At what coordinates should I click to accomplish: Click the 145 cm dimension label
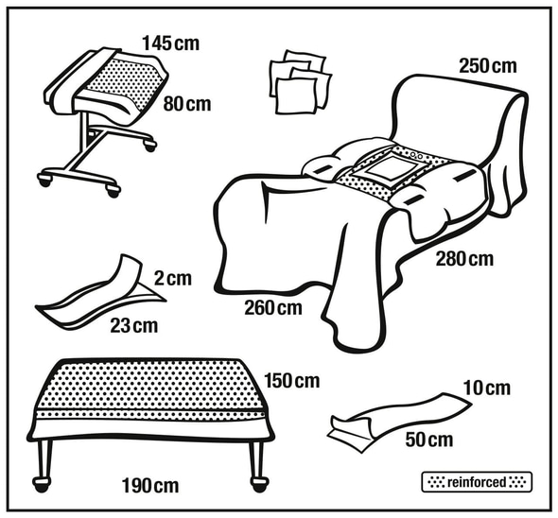[x=171, y=43]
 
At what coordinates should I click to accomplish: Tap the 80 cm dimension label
[x=187, y=104]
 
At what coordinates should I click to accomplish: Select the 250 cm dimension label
[x=487, y=66]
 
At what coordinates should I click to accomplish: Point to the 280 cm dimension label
[x=464, y=259]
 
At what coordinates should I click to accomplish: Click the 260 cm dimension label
[x=273, y=308]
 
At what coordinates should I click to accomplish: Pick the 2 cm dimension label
[x=173, y=278]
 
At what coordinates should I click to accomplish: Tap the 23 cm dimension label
[x=133, y=325]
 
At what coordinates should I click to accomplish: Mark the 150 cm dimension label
[x=292, y=381]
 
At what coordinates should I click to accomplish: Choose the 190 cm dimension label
[x=150, y=486]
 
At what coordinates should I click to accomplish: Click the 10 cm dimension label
[x=487, y=388]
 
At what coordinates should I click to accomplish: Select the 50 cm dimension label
[x=429, y=440]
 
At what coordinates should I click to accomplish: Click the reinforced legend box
[x=477, y=482]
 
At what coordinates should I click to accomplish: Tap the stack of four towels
[x=301, y=82]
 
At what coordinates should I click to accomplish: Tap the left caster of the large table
[x=42, y=484]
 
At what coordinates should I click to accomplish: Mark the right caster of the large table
[x=259, y=484]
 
